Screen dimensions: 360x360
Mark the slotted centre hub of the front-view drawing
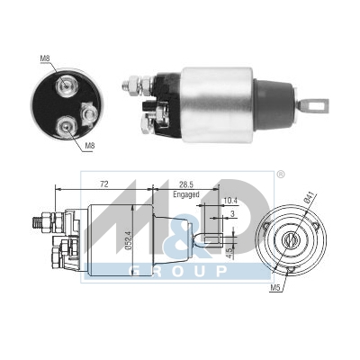click(291, 241)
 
